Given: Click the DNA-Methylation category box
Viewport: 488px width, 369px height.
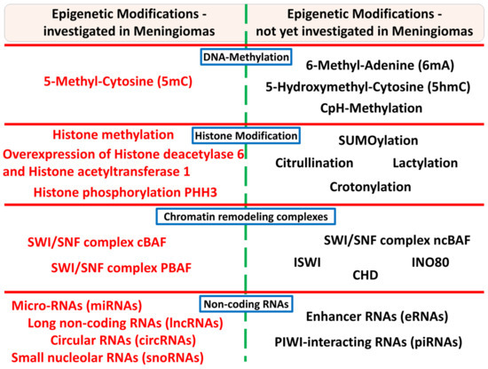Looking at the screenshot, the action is (x=246, y=57).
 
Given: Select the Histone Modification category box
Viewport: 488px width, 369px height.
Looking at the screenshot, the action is (x=246, y=136).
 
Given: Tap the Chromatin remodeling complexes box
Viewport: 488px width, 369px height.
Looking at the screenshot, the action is (x=246, y=216).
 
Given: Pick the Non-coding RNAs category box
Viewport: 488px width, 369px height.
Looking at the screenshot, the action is (x=246, y=304).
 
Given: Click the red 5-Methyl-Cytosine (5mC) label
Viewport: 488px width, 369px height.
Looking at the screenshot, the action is (x=118, y=82).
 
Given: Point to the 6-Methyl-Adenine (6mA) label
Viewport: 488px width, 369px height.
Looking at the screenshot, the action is (x=380, y=65).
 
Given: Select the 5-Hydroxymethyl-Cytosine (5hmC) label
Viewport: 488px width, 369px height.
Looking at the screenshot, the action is (x=368, y=87).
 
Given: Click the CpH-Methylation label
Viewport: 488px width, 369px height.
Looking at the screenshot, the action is (x=371, y=108).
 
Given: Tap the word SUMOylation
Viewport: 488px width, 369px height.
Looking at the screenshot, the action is (x=378, y=140).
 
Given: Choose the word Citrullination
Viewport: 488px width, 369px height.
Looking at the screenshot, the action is (x=314, y=163).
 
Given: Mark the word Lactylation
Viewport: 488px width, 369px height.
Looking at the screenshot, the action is (x=425, y=163).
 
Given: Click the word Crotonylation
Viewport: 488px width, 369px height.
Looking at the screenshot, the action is (x=370, y=187).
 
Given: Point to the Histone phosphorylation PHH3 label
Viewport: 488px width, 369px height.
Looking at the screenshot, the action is (x=125, y=192).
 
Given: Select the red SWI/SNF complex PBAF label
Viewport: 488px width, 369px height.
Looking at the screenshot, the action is (x=121, y=268).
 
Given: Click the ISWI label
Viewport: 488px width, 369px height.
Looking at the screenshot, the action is (x=307, y=262).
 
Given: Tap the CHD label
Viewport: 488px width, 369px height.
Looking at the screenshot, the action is (x=366, y=275).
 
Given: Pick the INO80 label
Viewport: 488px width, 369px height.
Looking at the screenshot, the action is (x=430, y=262).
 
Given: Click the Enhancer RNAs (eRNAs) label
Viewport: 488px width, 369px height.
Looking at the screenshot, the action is (x=377, y=317).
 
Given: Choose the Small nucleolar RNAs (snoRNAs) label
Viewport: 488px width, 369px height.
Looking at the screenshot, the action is (x=107, y=357).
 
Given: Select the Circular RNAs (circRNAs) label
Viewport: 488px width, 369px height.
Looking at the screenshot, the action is (x=123, y=341).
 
